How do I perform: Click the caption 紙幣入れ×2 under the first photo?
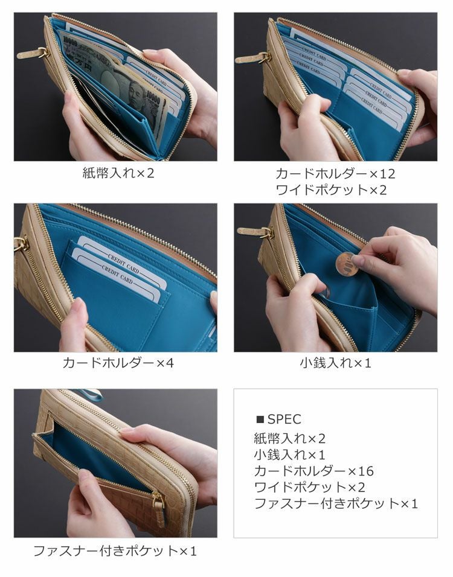(x=118, y=173)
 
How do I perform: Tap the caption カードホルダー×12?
(x=335, y=174)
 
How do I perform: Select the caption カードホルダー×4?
(x=118, y=363)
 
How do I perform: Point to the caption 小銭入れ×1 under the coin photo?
(x=335, y=363)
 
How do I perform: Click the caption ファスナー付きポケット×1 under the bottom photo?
(x=115, y=551)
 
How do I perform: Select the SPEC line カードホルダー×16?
(x=314, y=471)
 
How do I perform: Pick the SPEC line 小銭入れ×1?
(x=289, y=454)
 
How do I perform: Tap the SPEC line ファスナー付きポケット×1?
(x=336, y=503)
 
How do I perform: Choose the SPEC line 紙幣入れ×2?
(x=290, y=438)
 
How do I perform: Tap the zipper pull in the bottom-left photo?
(x=159, y=507)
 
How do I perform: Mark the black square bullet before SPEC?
(x=260, y=419)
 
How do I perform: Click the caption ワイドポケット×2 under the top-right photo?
(x=331, y=190)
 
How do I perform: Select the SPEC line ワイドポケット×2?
(x=309, y=487)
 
